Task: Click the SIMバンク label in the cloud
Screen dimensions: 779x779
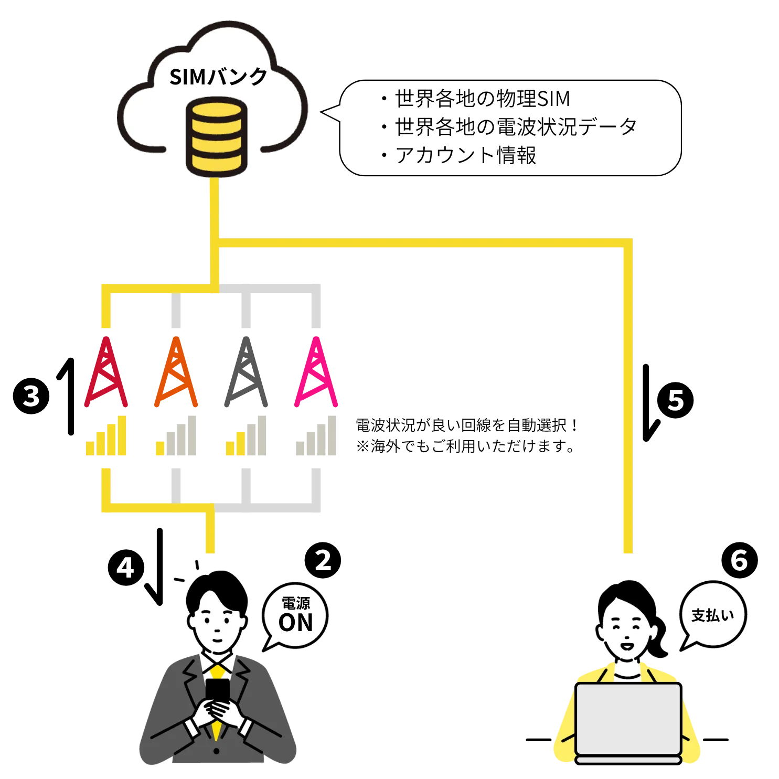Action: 218,78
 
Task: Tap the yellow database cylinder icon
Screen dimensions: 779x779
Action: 217,135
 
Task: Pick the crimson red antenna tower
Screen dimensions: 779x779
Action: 106,373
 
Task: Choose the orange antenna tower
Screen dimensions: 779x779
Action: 176,373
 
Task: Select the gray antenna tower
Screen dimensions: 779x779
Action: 245,373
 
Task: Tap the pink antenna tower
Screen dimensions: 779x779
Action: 316,373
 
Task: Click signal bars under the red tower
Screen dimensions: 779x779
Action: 107,437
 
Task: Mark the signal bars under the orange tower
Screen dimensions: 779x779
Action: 177,437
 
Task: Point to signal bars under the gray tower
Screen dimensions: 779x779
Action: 246,437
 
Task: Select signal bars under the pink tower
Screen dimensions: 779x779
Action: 317,437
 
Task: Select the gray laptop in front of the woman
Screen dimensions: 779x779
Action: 628,719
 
